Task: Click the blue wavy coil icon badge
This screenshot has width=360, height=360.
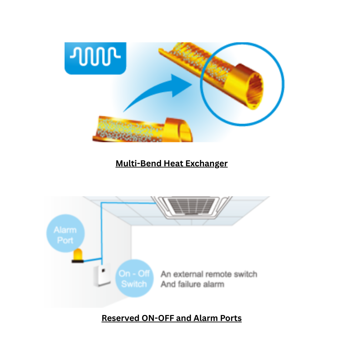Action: click(x=95, y=58)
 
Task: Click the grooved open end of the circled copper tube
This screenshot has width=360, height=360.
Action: click(x=255, y=92)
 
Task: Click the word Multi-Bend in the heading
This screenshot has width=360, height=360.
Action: click(x=138, y=163)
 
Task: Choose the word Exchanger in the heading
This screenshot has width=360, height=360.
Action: click(x=206, y=164)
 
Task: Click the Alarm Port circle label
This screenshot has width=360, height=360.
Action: click(x=65, y=233)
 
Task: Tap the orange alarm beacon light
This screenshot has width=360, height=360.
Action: click(x=78, y=254)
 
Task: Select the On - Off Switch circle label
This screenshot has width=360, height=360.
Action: click(x=134, y=278)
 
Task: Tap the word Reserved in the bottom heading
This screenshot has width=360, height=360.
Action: click(x=121, y=318)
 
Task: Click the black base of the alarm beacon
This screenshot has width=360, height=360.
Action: click(x=78, y=261)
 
